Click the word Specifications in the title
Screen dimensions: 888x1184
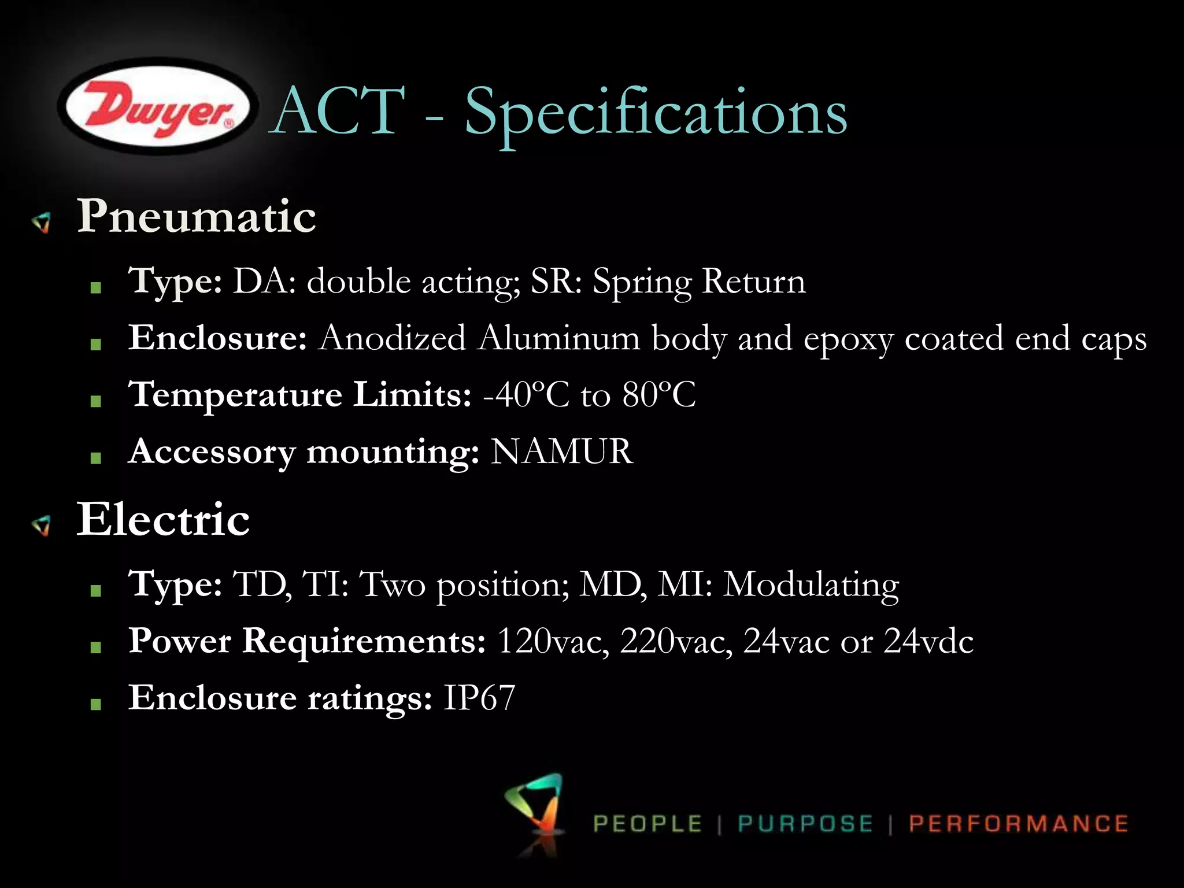pos(656,112)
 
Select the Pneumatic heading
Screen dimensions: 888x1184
pos(197,217)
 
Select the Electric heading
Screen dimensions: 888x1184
pos(164,519)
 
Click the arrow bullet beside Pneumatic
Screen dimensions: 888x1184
pos(42,222)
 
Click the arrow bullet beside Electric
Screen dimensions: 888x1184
pos(42,526)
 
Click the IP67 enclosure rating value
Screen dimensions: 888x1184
pos(479,697)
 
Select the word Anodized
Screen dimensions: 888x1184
pos(393,338)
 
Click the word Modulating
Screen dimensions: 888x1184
pos(811,585)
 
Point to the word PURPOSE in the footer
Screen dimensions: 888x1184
pos(805,824)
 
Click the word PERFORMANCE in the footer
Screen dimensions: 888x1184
pos(1018,824)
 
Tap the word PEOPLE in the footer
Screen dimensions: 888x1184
pos(647,824)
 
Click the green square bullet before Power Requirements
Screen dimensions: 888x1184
pos(96,647)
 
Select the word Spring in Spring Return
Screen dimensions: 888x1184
pos(642,283)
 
